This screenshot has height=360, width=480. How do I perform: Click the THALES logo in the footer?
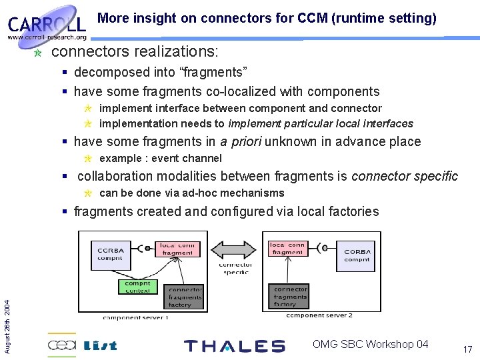234,345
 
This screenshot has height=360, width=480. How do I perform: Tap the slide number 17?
467,349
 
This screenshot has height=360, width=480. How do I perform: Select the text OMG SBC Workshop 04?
370,344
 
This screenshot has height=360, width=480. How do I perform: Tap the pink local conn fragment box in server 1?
177,249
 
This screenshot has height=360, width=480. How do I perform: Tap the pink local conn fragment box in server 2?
287,249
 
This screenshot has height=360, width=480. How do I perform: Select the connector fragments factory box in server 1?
185,297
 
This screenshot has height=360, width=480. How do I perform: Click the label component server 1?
136,317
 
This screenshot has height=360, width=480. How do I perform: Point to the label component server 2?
320,315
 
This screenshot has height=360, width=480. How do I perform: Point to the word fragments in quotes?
212,72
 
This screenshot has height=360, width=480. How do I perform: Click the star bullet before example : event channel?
87,159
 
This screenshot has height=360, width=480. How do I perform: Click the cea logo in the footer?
62,345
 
